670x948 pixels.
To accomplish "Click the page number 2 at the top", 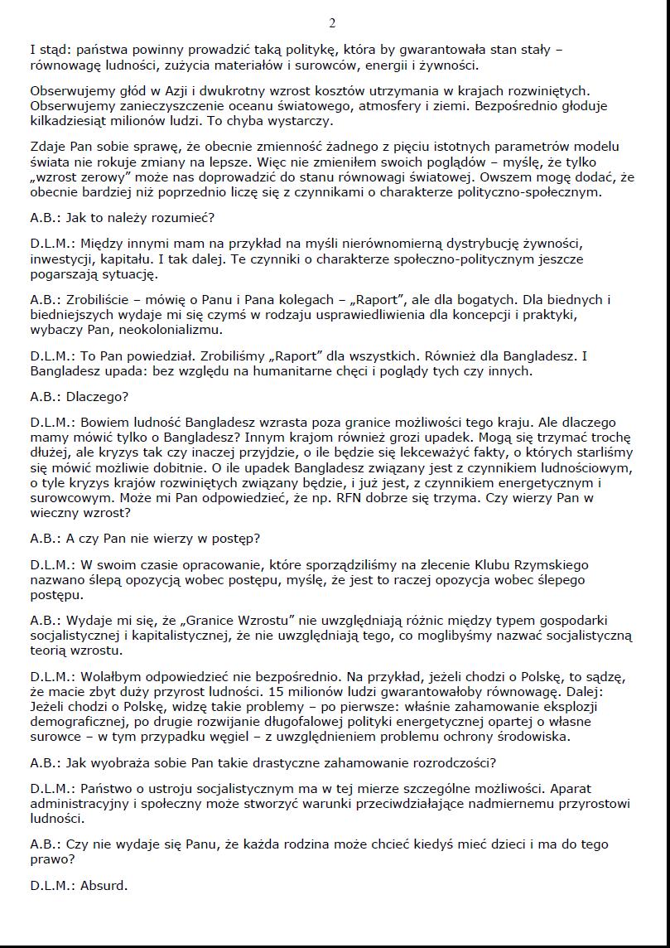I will pyautogui.click(x=332, y=22).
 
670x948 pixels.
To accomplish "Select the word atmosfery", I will pyautogui.click(x=351, y=106).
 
